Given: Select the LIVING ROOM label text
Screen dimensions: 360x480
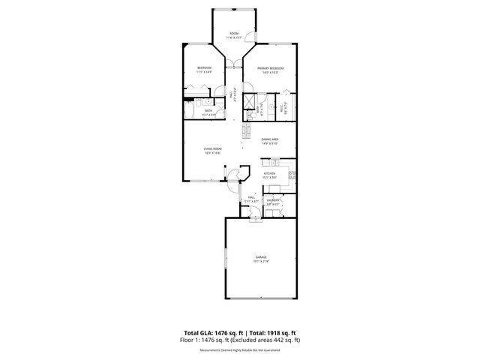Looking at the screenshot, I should [212, 149].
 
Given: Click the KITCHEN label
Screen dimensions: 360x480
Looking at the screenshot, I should [269, 173].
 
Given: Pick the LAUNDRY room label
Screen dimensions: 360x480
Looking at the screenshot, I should [274, 200].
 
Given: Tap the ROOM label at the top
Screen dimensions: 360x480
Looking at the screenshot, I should [233, 33].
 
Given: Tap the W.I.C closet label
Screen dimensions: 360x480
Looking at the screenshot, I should [282, 110].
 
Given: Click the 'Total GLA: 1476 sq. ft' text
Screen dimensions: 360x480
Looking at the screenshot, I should [211, 331].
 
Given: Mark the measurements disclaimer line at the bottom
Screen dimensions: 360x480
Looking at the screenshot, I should [240, 347].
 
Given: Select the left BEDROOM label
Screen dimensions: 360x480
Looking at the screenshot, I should [204, 68].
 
